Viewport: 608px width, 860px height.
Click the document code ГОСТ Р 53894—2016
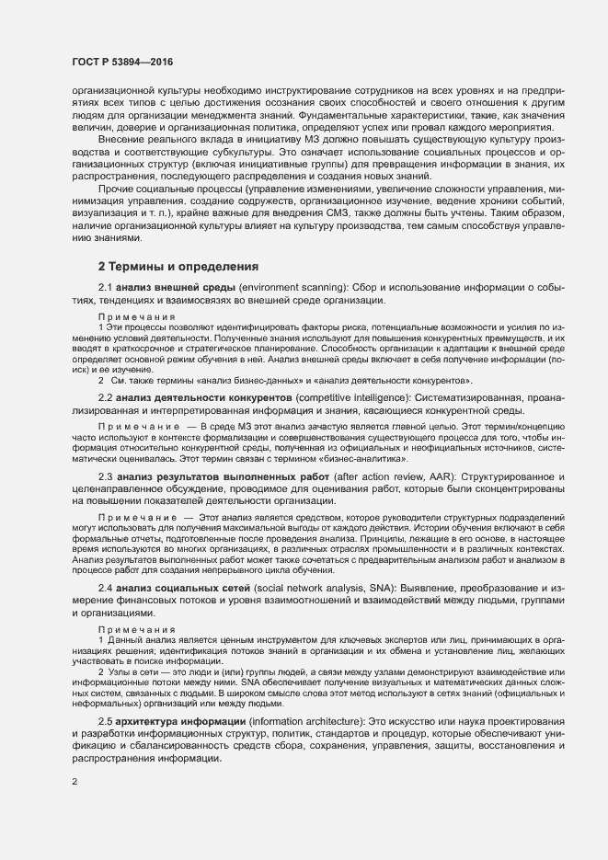[x=121, y=62]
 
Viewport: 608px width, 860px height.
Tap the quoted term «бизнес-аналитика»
[x=367, y=457]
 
